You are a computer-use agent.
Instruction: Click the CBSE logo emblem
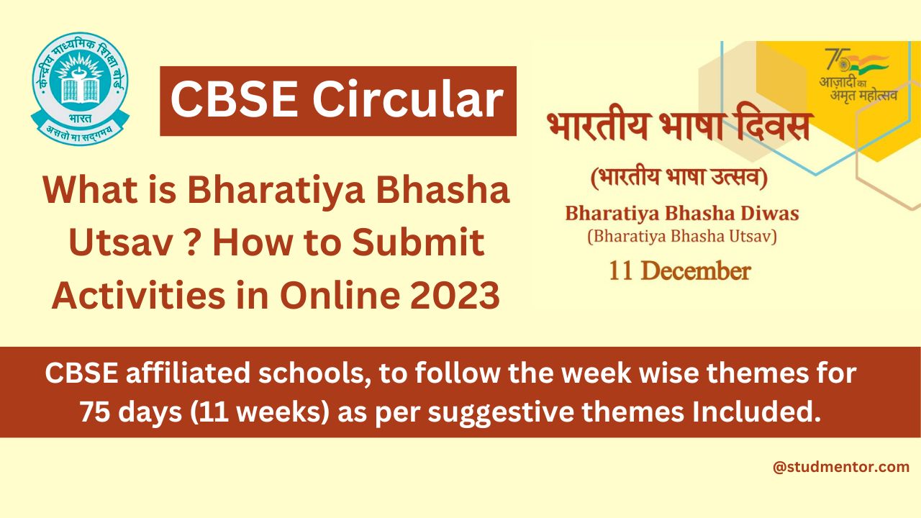click(x=80, y=88)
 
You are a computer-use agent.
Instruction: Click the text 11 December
click(x=679, y=271)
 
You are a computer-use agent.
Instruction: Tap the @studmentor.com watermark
click(x=840, y=467)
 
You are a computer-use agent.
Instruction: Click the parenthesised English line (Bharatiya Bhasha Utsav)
click(x=681, y=236)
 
